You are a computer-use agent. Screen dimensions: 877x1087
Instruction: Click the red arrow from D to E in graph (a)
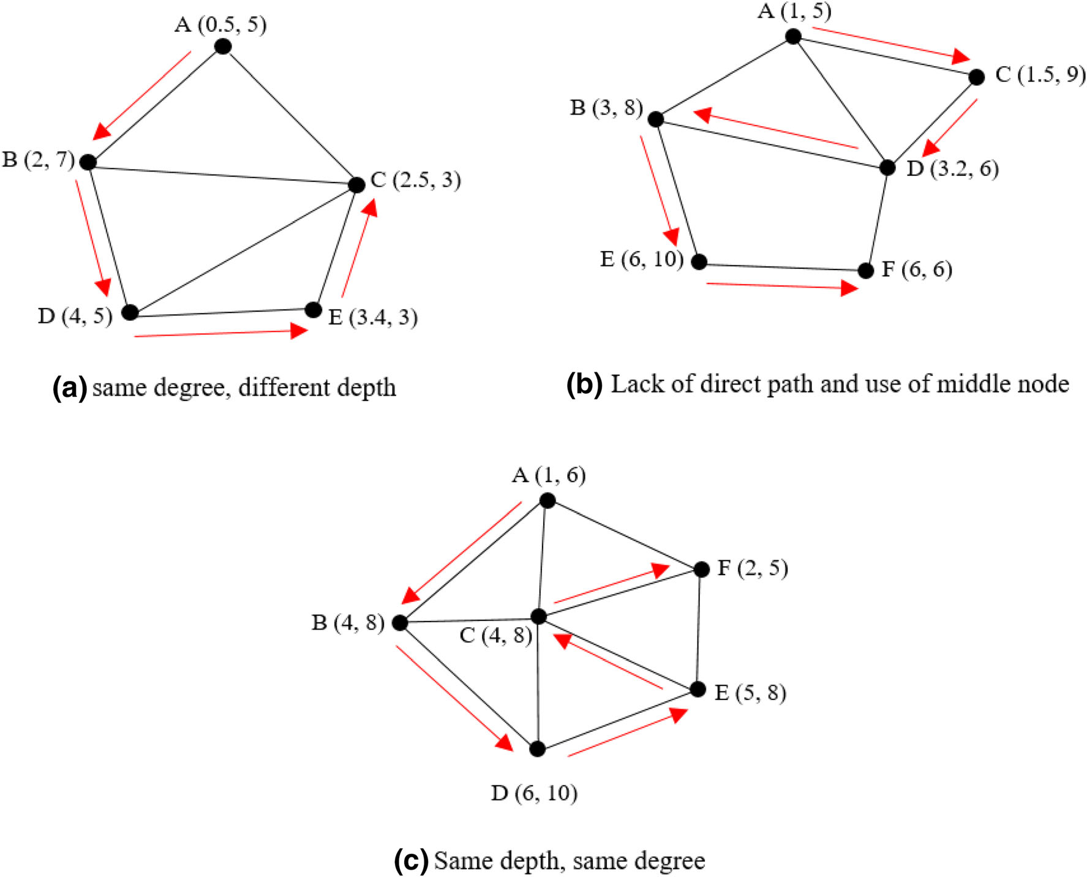point(220,333)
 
